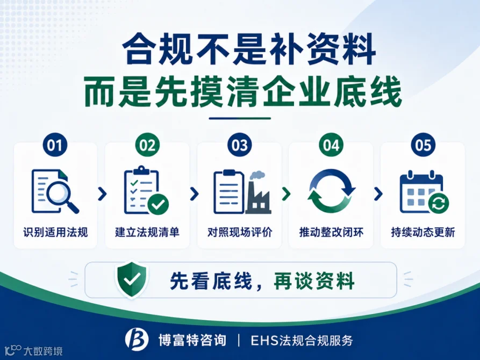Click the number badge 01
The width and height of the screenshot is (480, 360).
click(x=55, y=145)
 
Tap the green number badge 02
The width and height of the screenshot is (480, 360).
click(x=147, y=145)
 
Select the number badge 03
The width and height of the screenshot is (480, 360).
click(x=239, y=145)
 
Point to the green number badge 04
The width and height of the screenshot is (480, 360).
click(x=331, y=145)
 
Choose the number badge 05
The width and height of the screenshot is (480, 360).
click(x=423, y=145)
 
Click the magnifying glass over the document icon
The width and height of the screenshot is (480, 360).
click(x=63, y=197)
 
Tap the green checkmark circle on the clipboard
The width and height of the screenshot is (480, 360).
click(x=158, y=204)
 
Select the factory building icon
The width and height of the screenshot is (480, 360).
click(x=259, y=193)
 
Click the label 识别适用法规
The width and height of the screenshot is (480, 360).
click(x=55, y=232)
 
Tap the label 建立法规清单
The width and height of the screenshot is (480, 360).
click(x=147, y=232)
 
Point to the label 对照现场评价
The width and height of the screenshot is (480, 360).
click(x=240, y=232)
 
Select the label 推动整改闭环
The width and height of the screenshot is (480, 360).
click(x=331, y=232)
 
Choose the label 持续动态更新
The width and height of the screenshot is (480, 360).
click(x=423, y=232)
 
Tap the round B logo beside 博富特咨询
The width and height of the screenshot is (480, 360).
click(x=137, y=339)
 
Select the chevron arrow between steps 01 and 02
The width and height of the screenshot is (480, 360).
click(x=102, y=194)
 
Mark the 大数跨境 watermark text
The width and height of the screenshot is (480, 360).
click(x=43, y=351)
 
